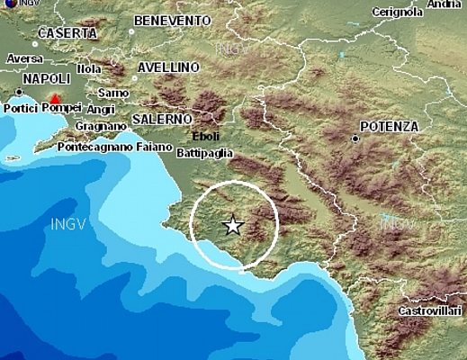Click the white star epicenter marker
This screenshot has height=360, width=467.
point(233,226)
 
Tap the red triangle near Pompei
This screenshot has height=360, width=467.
point(56,98)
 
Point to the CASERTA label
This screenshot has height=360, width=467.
point(67,33)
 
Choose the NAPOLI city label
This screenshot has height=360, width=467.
point(44,80)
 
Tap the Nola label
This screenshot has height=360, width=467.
point(89,67)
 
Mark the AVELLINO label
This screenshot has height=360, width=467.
point(168,67)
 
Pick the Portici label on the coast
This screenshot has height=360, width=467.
point(20,109)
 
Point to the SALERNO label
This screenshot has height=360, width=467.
point(162,119)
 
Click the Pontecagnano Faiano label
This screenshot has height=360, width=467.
point(127,145)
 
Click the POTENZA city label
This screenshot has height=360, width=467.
point(389,127)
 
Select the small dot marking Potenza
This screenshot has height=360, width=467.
point(356,139)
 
